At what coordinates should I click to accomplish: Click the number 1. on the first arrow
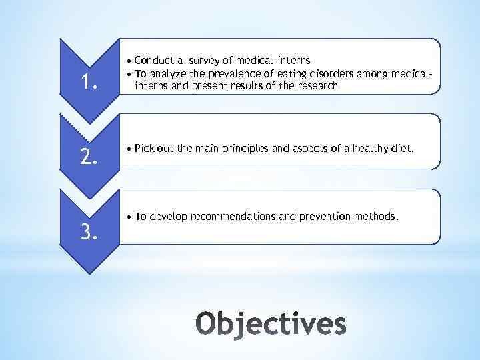89,82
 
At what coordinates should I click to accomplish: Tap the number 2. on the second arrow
89,157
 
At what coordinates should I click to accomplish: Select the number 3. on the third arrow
89,232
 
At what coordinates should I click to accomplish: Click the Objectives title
271,325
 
